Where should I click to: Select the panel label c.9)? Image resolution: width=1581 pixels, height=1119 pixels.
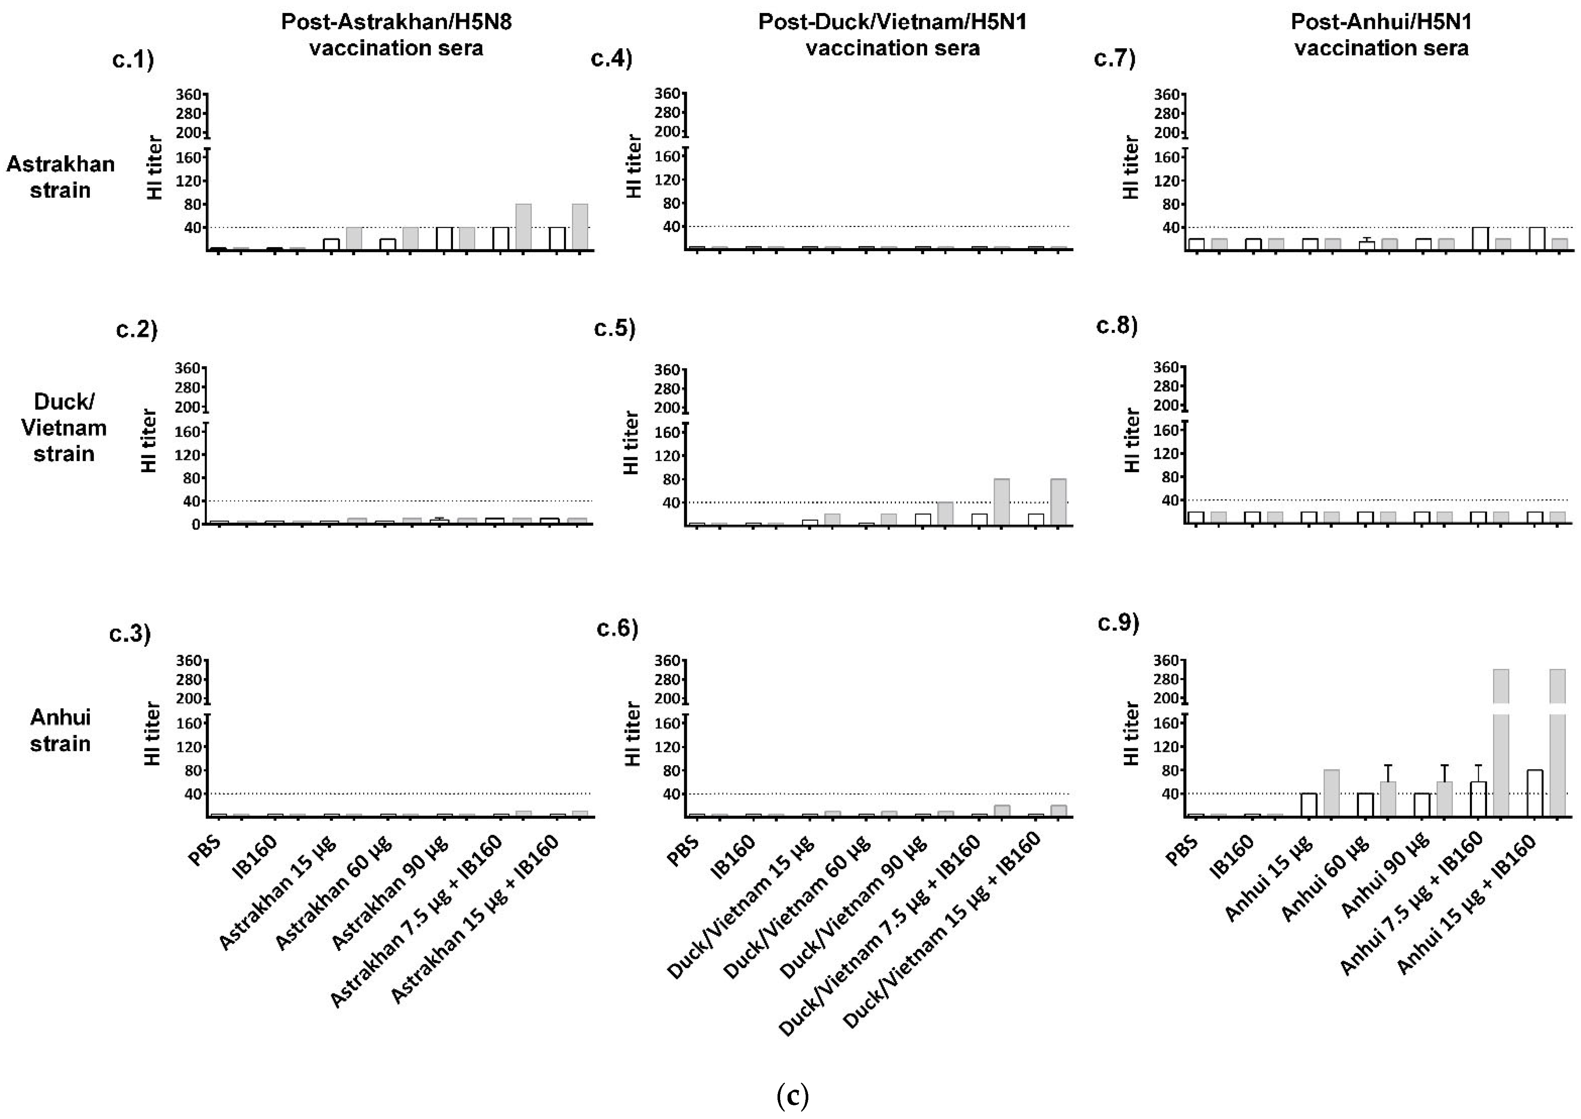1118,623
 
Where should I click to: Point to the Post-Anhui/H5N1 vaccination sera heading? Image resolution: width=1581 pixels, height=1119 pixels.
1381,35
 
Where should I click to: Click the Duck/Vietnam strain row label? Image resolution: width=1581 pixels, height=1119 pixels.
63,427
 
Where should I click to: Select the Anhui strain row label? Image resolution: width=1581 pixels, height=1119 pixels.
61,730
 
